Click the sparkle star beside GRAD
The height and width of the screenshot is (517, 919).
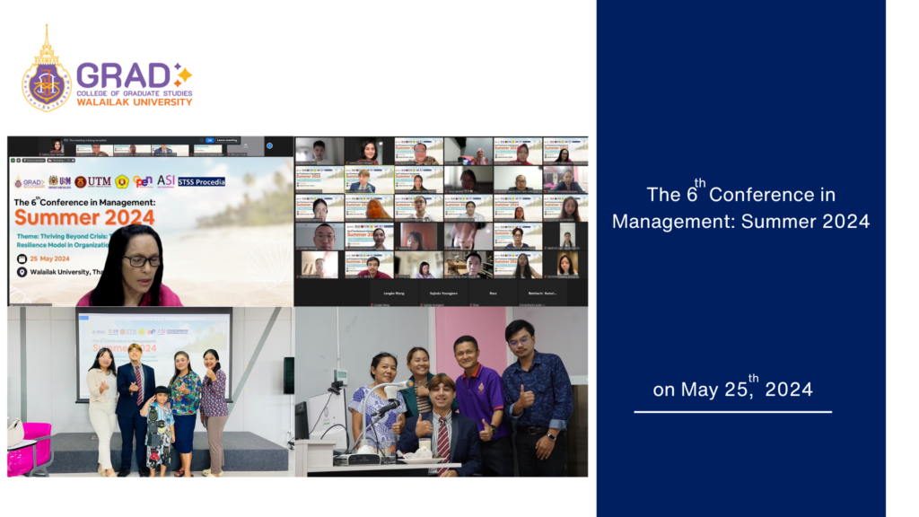tap(182, 74)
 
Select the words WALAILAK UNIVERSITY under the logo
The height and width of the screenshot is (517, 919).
tap(135, 102)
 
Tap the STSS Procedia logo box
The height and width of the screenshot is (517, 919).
tap(201, 181)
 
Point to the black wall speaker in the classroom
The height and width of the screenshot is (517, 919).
tap(288, 375)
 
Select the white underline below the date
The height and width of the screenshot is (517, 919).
tap(732, 411)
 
